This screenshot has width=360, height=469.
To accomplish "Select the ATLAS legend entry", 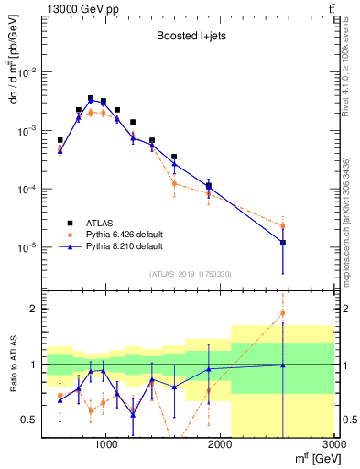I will (x=100, y=222).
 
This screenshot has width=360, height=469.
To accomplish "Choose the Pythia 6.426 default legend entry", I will (x=124, y=234).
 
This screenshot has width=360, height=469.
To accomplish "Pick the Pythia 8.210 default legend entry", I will (x=124, y=246).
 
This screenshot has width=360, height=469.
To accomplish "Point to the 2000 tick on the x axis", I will (x=221, y=444).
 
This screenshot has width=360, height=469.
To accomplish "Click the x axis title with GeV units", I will (x=312, y=458).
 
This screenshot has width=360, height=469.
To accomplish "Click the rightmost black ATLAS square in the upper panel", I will (x=283, y=243).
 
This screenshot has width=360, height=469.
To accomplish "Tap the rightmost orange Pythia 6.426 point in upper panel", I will (x=283, y=225).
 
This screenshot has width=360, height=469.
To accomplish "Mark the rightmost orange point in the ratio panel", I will (x=283, y=313).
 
